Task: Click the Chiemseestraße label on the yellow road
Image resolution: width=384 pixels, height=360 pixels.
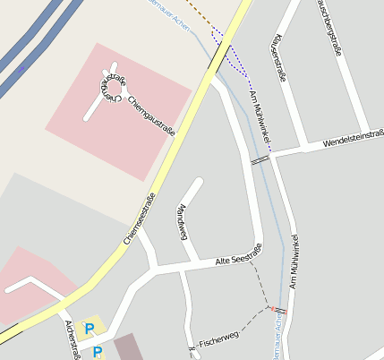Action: pos(140,219)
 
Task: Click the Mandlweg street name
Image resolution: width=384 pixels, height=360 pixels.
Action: pos(183,222)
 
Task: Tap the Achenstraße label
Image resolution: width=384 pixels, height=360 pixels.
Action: pos(73,340)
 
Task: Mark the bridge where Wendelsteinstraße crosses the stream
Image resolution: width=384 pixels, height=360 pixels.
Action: pos(260,159)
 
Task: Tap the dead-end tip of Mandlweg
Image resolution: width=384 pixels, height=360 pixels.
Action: pos(196,184)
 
